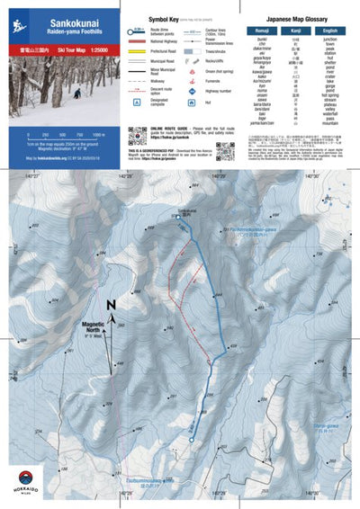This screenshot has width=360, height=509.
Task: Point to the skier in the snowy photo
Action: [76, 93]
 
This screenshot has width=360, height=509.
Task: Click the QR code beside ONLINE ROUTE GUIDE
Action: [137, 137]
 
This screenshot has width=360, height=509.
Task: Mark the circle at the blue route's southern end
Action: [193, 439]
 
